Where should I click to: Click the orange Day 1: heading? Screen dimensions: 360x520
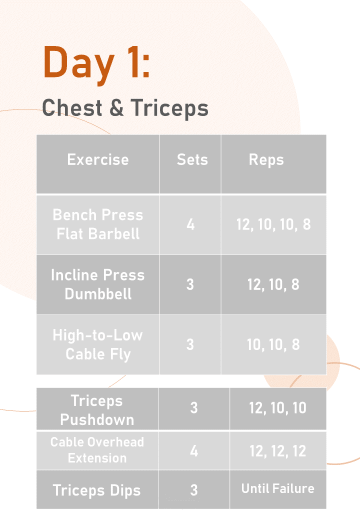click(x=96, y=63)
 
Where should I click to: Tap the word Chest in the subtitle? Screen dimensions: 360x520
click(x=72, y=107)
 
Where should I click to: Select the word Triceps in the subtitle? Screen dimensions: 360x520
click(x=169, y=108)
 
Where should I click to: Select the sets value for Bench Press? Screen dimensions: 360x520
click(x=190, y=224)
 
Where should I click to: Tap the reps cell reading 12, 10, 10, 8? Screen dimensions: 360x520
click(x=273, y=224)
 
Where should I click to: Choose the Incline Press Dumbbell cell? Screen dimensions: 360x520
click(x=98, y=284)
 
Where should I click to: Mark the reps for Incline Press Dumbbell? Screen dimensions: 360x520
click(x=273, y=284)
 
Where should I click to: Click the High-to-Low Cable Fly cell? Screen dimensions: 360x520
click(x=98, y=344)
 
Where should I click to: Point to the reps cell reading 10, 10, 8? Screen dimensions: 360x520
click(x=273, y=344)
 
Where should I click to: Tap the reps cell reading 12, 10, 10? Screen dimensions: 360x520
click(x=278, y=408)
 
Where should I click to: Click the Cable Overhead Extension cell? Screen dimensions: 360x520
click(x=97, y=450)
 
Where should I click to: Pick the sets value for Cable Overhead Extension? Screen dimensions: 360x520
click(x=194, y=451)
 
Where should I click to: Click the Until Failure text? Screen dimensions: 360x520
click(x=278, y=488)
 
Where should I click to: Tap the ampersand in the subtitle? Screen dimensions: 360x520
click(x=116, y=108)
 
